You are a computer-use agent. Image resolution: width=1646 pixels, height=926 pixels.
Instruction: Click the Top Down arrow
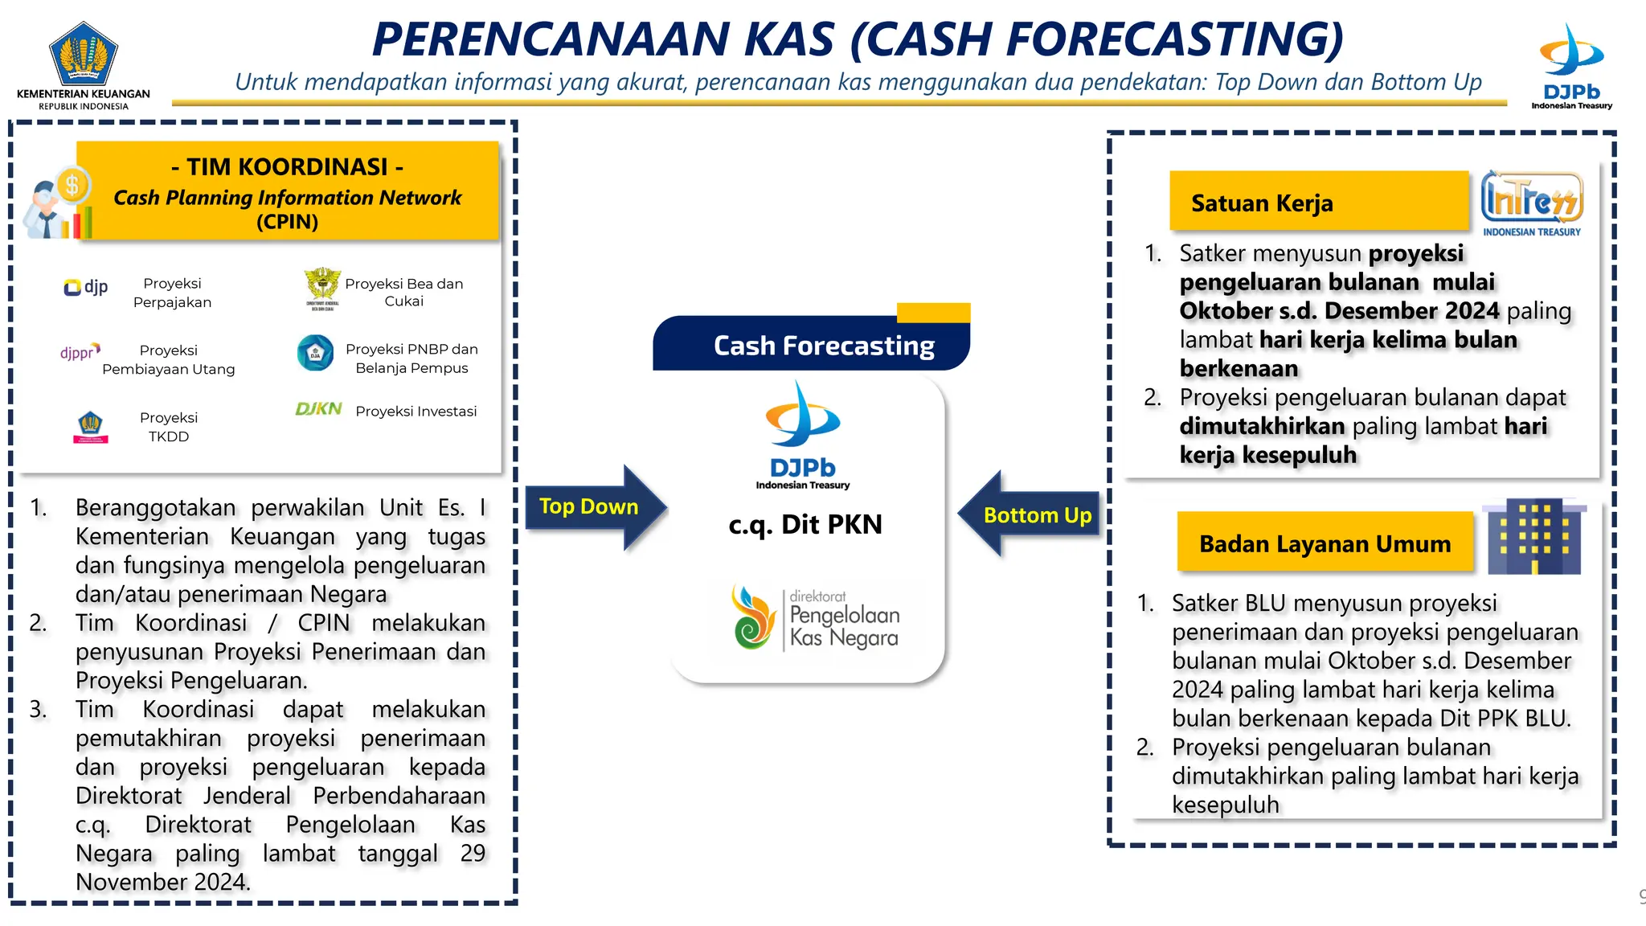(x=595, y=507)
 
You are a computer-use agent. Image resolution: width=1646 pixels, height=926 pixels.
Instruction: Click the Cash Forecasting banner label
(x=823, y=346)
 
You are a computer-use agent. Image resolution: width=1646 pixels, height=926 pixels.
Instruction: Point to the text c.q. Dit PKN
(x=805, y=524)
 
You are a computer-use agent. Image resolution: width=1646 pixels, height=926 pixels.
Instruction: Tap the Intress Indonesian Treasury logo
(x=1531, y=203)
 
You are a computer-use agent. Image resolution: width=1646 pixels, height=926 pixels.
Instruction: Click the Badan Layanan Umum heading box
(x=1325, y=543)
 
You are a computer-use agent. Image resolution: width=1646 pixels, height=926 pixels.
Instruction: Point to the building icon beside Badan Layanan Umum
(x=1533, y=536)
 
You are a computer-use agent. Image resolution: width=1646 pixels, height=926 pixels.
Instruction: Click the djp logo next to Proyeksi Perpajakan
(x=85, y=287)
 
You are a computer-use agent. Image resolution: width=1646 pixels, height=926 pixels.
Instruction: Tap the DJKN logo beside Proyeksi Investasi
(x=318, y=409)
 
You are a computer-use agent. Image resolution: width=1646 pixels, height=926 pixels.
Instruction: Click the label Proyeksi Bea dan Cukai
(x=403, y=292)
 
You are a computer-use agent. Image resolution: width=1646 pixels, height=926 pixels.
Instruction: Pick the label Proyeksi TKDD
(x=168, y=427)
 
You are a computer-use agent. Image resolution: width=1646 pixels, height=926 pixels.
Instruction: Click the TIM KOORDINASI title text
(x=287, y=166)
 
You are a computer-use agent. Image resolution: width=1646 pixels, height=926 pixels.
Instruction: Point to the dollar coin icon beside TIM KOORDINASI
(x=72, y=186)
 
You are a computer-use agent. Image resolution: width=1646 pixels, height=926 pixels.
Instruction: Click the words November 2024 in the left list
(x=162, y=882)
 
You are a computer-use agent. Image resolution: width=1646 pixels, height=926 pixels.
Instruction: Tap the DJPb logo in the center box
(x=802, y=435)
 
